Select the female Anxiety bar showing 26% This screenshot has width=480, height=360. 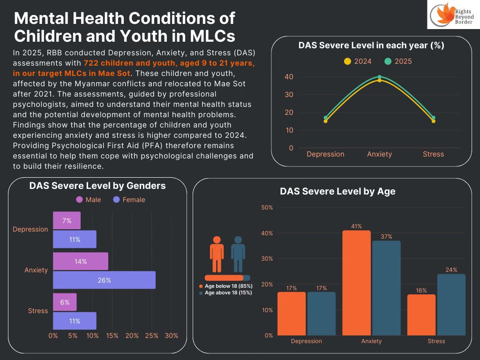click(x=104, y=280)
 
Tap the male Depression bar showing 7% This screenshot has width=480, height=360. click(x=67, y=220)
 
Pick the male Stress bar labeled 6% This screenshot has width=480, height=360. click(x=65, y=302)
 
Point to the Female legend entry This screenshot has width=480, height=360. click(x=129, y=200)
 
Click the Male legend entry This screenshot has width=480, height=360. click(x=89, y=200)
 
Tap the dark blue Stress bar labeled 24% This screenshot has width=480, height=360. click(x=451, y=305)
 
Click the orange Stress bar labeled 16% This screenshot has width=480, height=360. click(x=421, y=315)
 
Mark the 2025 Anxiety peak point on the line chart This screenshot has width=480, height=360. click(x=379, y=77)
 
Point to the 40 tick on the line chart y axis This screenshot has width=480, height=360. click(x=289, y=77)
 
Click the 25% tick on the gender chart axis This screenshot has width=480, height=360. click(x=152, y=336)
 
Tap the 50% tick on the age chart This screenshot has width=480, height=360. click(x=267, y=208)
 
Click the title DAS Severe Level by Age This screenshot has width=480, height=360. click(x=337, y=191)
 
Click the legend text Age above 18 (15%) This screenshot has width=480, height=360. click(x=228, y=292)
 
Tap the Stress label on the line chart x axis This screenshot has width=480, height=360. click(x=433, y=154)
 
